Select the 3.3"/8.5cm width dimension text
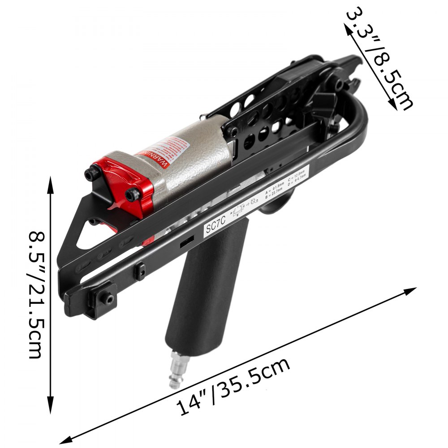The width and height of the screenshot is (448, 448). point(379,58)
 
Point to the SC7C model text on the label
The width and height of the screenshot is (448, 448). point(215,226)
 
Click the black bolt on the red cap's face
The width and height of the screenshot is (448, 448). point(132,194)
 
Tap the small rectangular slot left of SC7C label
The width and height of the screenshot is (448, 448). point(186,242)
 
